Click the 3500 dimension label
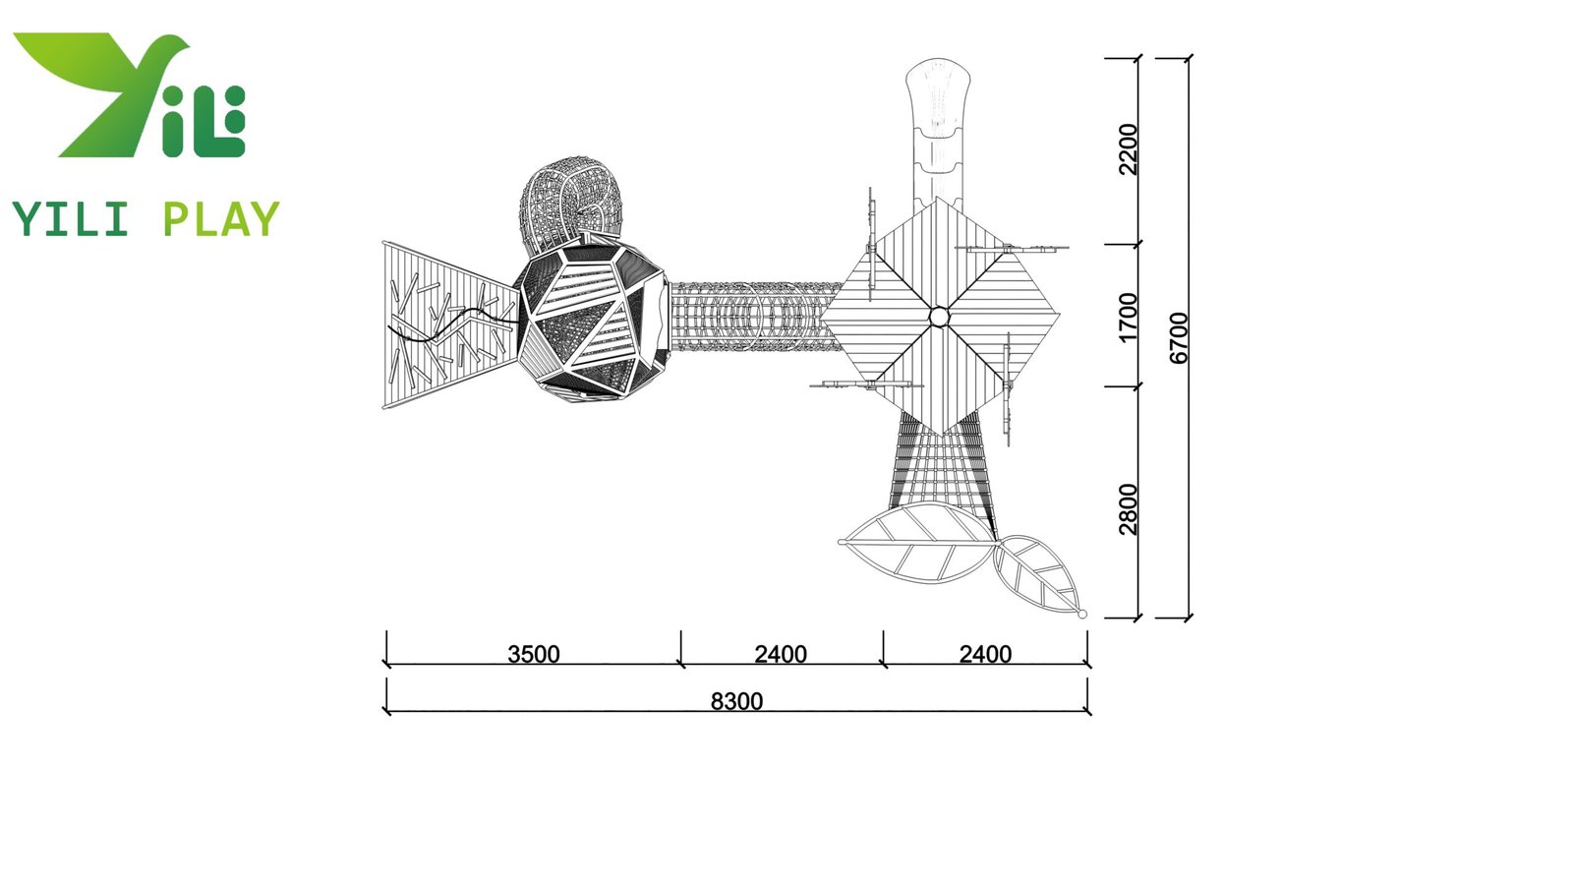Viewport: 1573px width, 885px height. pos(533,654)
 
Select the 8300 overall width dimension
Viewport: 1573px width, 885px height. pos(736,701)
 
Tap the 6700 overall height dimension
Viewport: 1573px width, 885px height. pos(1179,337)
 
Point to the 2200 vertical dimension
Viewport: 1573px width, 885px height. pos(1128,149)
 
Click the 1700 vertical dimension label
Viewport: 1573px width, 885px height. pos(1128,317)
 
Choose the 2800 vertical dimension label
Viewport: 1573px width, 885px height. pos(1128,508)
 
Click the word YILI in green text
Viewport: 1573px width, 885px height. pos(70,219)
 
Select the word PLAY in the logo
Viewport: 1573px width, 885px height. pos(220,219)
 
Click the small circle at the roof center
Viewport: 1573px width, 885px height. pos(939,317)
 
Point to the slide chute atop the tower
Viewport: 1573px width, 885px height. pos(938,128)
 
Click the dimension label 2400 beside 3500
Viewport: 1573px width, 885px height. pos(781,654)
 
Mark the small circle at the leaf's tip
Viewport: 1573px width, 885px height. pos(1082,614)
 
